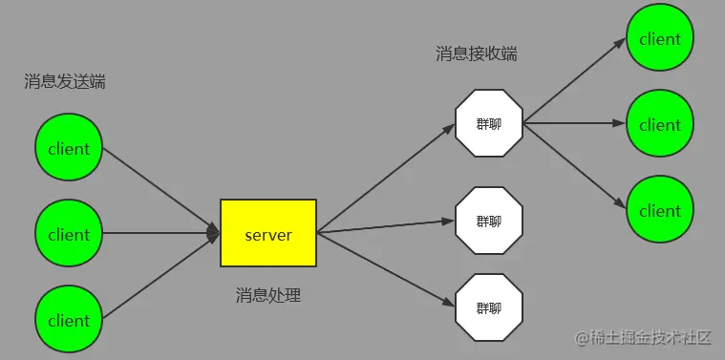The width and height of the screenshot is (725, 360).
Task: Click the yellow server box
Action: [267, 233]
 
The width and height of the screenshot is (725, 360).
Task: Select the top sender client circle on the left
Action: [69, 148]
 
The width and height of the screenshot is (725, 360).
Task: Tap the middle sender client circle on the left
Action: [69, 234]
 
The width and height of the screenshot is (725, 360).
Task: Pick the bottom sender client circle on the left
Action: [69, 320]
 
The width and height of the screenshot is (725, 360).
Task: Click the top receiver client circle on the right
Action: [660, 39]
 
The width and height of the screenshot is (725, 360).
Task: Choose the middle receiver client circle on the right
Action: [660, 124]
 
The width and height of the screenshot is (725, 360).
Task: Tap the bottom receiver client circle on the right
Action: [660, 210]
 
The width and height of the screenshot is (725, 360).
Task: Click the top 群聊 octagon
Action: [489, 124]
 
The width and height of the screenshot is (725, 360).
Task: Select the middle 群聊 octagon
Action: [489, 221]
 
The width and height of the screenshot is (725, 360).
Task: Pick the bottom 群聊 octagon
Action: [489, 307]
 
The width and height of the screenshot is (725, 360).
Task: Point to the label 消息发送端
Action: [64, 82]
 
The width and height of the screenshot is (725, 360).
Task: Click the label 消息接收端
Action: [476, 53]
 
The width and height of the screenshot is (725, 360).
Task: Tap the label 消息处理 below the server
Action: [268, 295]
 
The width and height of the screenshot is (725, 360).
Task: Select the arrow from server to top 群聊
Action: [387, 179]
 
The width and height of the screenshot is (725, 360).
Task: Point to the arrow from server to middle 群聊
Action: [387, 226]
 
